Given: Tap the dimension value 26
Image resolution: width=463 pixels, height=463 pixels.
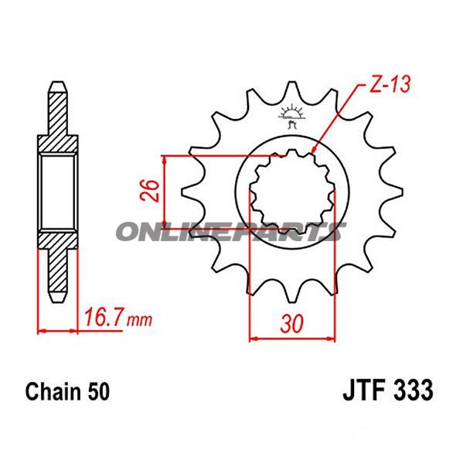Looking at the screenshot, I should pos(151,189).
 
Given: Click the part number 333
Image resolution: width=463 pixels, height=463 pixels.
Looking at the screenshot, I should pos(409,390).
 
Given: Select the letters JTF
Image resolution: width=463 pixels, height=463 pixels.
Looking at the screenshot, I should pos(361,390).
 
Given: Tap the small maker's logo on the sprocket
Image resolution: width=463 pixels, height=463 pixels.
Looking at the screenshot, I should pos(291,117).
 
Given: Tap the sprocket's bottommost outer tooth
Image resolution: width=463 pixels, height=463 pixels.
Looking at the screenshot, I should pos(292,298).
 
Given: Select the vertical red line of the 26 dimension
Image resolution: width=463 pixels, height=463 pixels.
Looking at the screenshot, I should pos(165,190).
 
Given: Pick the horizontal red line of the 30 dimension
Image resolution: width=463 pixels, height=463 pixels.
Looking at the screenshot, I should pos(292,337).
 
